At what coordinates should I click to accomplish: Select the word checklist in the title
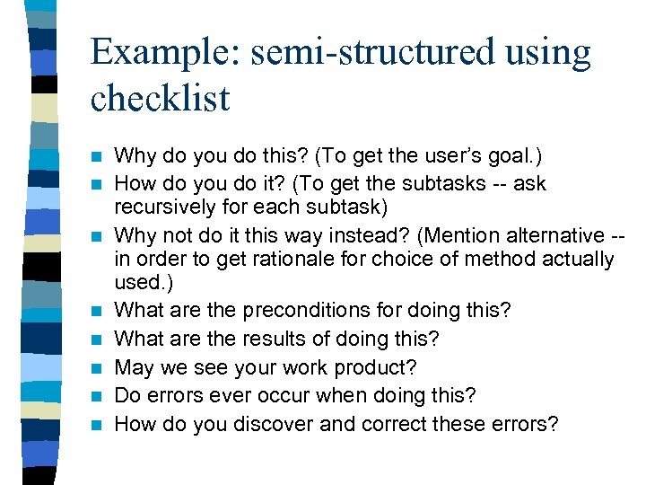pos(161,99)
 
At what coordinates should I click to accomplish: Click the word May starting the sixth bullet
pos(136,368)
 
